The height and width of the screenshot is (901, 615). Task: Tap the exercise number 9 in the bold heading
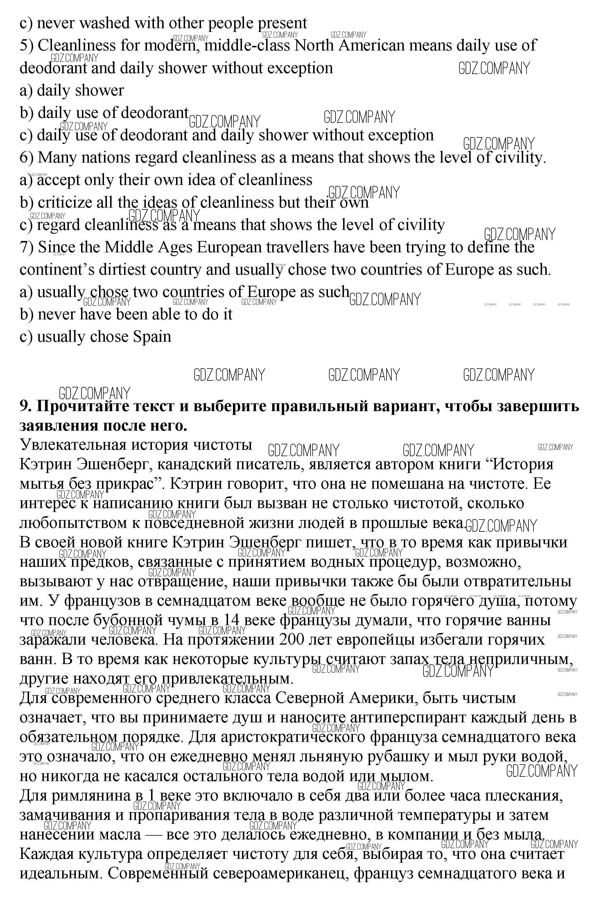pyautogui.click(x=25, y=406)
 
